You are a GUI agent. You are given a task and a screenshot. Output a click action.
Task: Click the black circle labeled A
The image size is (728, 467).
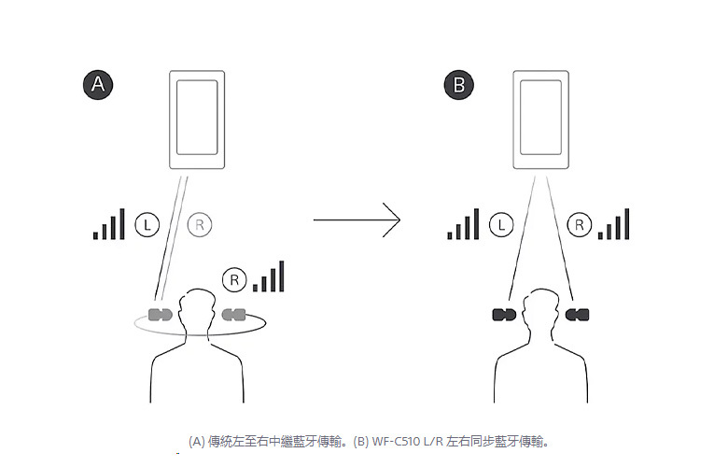pos(98,86)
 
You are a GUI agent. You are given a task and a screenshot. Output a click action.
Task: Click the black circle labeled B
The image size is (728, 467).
pos(458,86)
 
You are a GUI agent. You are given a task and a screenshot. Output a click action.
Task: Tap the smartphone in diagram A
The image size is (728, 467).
pos(197,120)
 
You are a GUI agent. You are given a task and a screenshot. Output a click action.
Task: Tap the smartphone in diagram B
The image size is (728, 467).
pos(540,120)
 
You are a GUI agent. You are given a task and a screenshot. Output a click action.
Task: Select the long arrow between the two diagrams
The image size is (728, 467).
pos(357,220)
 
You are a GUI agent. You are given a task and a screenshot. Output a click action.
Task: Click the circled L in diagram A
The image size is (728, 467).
pos(147,224)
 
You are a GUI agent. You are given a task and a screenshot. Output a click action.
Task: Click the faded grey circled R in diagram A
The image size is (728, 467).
pos(200,224)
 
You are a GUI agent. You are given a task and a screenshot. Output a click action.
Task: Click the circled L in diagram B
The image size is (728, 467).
pos(501,224)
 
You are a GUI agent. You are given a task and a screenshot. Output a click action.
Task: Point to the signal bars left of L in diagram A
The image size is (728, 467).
pos(108,225)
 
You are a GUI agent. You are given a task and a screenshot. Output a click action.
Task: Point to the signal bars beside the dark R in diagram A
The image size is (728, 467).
pos(269,277)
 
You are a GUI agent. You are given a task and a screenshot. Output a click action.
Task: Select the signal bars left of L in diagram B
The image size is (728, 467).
pos(463,225)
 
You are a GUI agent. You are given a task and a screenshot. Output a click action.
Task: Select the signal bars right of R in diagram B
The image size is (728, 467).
pos(614,225)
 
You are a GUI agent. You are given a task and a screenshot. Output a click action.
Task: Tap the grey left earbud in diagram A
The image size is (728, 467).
pos(161,314)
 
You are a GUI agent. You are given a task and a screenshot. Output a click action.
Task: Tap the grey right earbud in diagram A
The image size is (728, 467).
pos(233,314)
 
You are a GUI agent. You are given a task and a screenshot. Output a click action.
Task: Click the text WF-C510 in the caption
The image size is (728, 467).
pos(412,440)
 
